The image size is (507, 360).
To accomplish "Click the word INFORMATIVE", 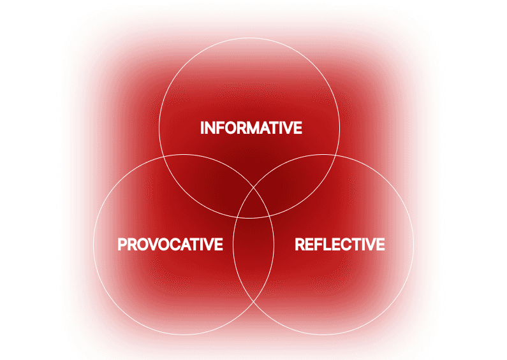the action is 251,127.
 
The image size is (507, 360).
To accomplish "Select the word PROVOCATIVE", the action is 170,244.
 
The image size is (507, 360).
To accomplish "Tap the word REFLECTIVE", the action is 339,244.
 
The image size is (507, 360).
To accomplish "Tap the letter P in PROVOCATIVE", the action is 122,244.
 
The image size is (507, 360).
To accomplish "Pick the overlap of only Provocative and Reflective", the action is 253,255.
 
